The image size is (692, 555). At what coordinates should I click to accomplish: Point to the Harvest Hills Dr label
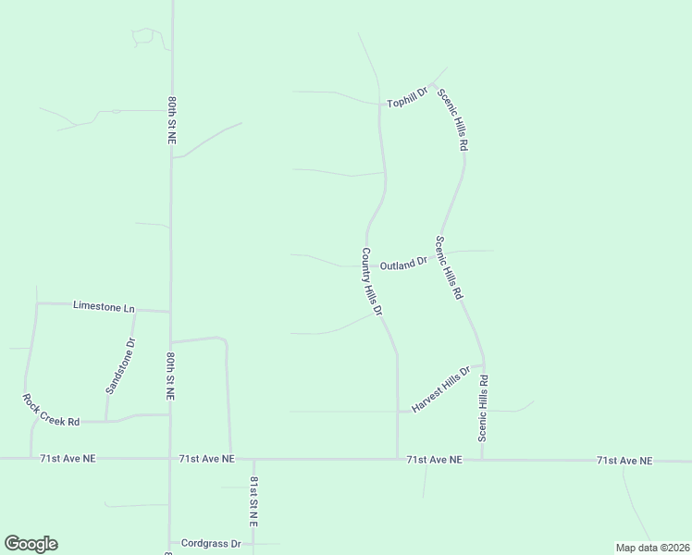(x=441, y=389)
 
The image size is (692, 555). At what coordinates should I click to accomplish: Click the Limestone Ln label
(x=104, y=307)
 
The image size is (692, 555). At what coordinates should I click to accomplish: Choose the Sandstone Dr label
(x=120, y=366)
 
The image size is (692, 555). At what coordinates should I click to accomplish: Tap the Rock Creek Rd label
(x=51, y=409)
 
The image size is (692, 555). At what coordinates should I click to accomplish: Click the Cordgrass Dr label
(x=211, y=544)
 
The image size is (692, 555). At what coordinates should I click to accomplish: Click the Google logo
(x=31, y=544)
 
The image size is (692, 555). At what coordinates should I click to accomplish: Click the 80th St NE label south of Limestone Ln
(x=171, y=375)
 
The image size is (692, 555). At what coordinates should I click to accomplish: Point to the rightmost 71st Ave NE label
(x=624, y=460)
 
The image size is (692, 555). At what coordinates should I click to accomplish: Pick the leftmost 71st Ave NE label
(x=68, y=458)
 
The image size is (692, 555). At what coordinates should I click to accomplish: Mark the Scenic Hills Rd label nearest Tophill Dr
(x=453, y=120)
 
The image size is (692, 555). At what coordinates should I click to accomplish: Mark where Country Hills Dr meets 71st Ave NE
(x=398, y=458)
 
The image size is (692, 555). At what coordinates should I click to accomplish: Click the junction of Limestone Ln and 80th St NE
(x=169, y=312)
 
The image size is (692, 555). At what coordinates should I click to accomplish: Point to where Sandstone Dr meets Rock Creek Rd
(x=107, y=422)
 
